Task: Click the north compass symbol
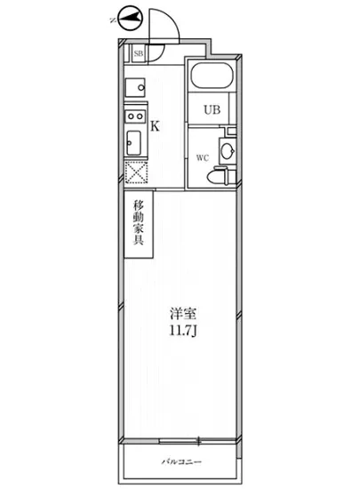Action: click(130, 17)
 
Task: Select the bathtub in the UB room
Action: click(211, 77)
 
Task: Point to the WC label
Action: click(202, 158)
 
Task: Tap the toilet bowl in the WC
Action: click(216, 177)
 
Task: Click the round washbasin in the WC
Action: click(228, 152)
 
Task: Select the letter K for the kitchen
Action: click(155, 126)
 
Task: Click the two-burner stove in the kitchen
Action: click(134, 116)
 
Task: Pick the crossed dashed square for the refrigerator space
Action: click(135, 172)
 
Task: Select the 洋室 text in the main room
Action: click(182, 313)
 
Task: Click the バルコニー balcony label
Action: click(183, 463)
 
